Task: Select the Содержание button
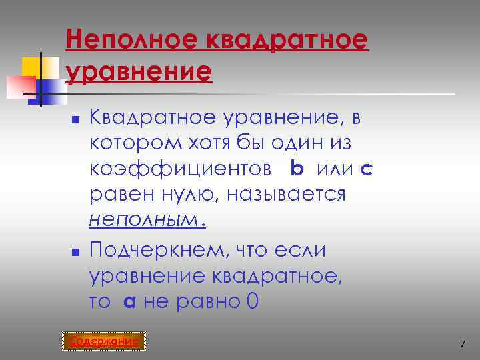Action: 106,341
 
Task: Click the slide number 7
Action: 461,343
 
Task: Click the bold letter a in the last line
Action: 130,301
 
